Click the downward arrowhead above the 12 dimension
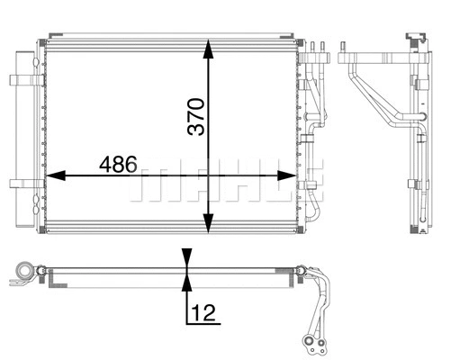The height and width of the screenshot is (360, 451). tap(186, 256)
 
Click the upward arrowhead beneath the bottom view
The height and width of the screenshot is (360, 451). tap(186, 283)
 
